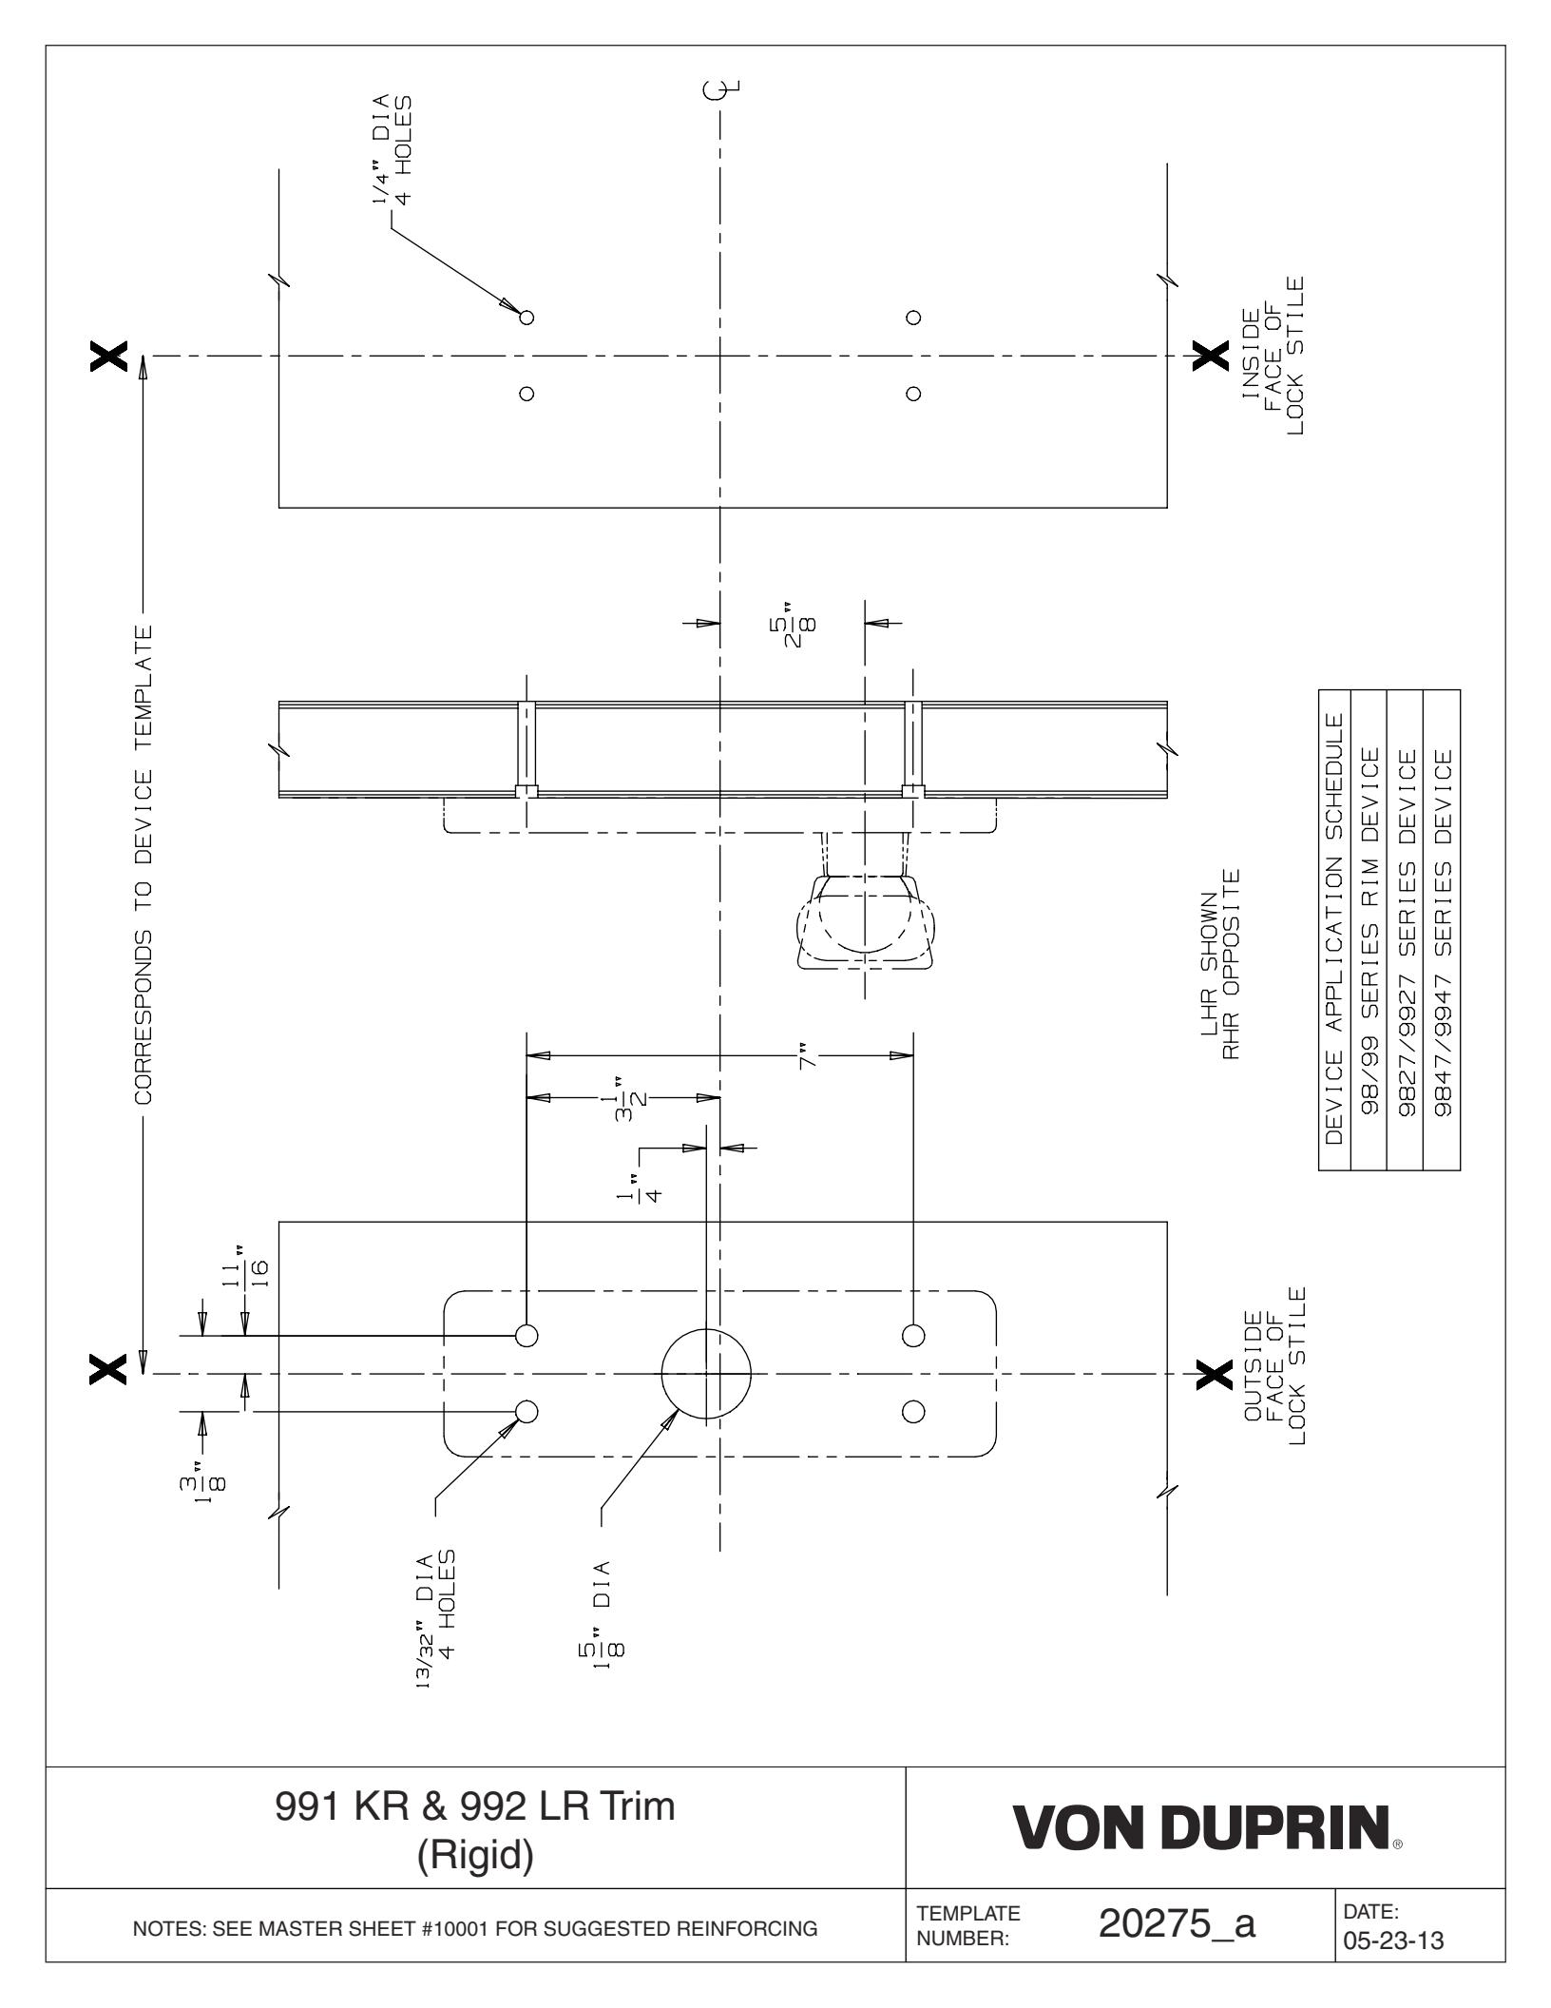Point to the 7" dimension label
point(808,1056)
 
